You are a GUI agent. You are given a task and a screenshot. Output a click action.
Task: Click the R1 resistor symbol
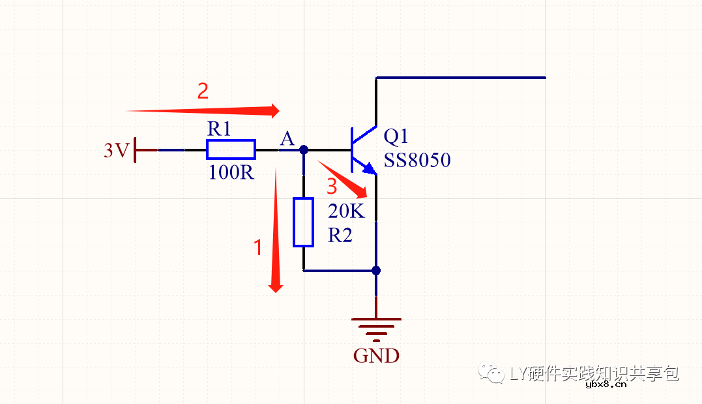point(231,149)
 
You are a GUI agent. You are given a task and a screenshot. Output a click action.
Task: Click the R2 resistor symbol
point(303,223)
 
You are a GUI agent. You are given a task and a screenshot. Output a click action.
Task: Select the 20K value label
point(346,211)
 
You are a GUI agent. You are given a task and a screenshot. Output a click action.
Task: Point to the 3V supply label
point(117,151)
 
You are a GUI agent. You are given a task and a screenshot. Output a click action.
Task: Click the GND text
point(376,356)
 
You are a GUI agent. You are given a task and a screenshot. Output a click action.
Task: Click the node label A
point(287,138)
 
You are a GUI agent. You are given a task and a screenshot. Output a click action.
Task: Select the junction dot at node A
point(303,149)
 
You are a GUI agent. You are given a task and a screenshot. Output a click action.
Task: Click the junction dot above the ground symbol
point(376,270)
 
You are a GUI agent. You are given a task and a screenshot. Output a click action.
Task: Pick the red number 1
point(258,247)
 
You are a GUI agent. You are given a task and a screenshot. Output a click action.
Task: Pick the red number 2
point(203,91)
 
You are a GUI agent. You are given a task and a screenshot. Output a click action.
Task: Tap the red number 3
point(332,187)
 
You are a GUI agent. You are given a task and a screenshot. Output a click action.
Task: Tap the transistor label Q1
point(396,136)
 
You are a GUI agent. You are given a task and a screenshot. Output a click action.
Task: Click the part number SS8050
point(417,160)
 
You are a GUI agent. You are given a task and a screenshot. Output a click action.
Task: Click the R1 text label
point(219,129)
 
